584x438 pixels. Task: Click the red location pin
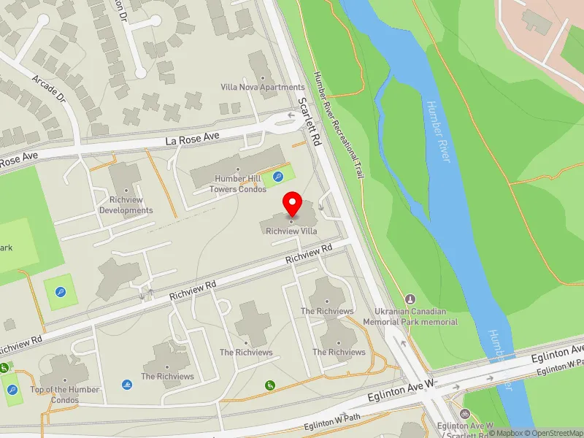click(293, 203)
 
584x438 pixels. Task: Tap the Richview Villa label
click(292, 231)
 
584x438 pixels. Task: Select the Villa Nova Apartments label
click(263, 87)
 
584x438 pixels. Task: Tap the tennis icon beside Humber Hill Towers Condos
click(278, 176)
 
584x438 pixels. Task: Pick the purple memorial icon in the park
click(410, 299)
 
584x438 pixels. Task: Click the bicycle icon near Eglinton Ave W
click(464, 412)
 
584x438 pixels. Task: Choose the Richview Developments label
click(126, 211)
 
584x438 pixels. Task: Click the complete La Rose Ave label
click(193, 137)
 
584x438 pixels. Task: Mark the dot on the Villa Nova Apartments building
click(262, 76)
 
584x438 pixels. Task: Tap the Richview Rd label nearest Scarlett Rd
click(309, 253)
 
